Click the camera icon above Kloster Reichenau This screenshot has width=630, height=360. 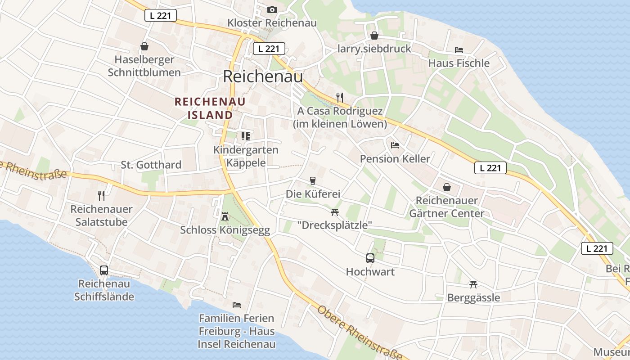point(272,9)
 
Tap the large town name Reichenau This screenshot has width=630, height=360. point(263,76)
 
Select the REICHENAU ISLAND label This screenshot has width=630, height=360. point(210,108)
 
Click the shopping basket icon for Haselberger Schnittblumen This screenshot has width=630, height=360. point(144,46)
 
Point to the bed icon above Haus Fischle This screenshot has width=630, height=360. point(459,49)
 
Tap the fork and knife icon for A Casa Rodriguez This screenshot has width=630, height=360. point(340,97)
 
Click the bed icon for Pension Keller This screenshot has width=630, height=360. point(395,145)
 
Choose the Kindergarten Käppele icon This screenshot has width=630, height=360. point(245,136)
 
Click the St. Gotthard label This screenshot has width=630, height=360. point(151,165)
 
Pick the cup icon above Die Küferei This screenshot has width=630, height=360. point(313,181)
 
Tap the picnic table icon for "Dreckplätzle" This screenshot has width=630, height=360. point(334,211)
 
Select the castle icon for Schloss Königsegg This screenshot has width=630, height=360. point(225,217)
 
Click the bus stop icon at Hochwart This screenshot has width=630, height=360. point(370,258)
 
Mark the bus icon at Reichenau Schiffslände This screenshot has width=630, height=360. point(104,270)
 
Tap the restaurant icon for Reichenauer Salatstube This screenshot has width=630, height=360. point(101,195)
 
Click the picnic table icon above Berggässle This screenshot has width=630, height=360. point(473,284)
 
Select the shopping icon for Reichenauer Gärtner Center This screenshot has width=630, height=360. point(447,187)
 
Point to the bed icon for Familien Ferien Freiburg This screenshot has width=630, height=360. point(236,305)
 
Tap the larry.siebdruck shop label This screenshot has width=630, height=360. point(374,49)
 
